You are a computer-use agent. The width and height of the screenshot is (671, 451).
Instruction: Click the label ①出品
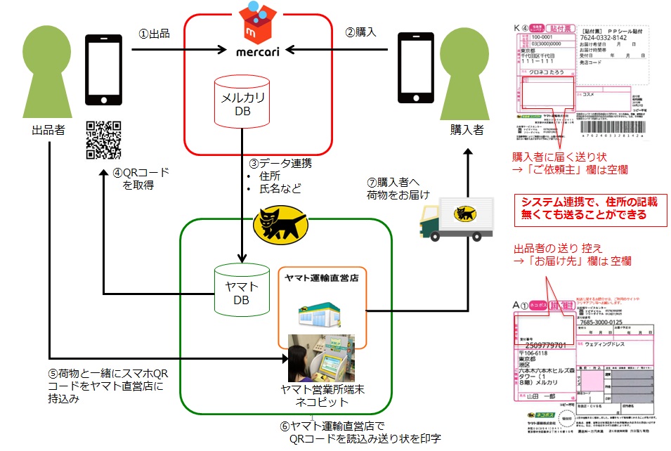click(155, 33)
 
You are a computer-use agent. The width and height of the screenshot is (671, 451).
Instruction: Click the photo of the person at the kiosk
click(321, 358)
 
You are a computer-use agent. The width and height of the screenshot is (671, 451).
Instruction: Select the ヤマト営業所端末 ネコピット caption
click(321, 395)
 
